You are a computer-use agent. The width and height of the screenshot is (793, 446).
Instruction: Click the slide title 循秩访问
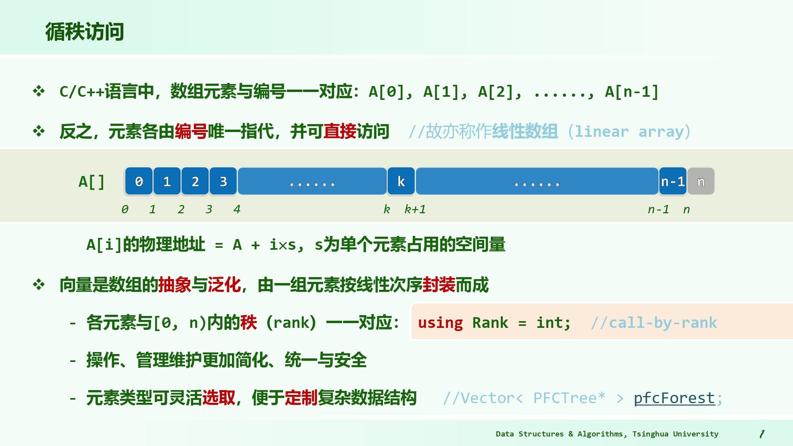[84, 32]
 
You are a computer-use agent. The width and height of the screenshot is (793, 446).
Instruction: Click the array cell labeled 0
[139, 181]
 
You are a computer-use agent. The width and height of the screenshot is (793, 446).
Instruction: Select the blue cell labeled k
[401, 181]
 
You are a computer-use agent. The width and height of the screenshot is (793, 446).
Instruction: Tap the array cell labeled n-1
[673, 181]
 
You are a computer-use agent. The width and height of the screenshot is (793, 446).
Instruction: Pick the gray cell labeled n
[701, 181]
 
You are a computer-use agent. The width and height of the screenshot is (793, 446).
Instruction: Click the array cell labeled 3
[223, 181]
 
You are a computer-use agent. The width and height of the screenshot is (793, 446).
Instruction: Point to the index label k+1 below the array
[415, 209]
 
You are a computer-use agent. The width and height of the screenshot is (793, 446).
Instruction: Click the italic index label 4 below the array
[237, 209]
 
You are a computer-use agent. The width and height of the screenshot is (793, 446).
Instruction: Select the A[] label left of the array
[92, 182]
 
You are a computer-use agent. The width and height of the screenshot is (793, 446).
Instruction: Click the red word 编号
[191, 131]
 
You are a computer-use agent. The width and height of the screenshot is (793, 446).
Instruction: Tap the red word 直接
[340, 131]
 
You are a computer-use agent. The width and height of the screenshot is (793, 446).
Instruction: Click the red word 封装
[439, 285]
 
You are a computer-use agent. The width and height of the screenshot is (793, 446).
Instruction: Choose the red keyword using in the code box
[441, 323]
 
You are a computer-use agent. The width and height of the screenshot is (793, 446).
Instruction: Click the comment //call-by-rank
[654, 323]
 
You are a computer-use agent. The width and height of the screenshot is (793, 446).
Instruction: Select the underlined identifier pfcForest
[674, 398]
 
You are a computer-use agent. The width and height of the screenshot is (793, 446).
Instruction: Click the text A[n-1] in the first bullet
[632, 92]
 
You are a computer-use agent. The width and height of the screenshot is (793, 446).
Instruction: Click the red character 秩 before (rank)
[249, 322]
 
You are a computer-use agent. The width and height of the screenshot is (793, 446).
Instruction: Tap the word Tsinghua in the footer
[650, 434]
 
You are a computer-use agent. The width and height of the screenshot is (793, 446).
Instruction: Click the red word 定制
[301, 398]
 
